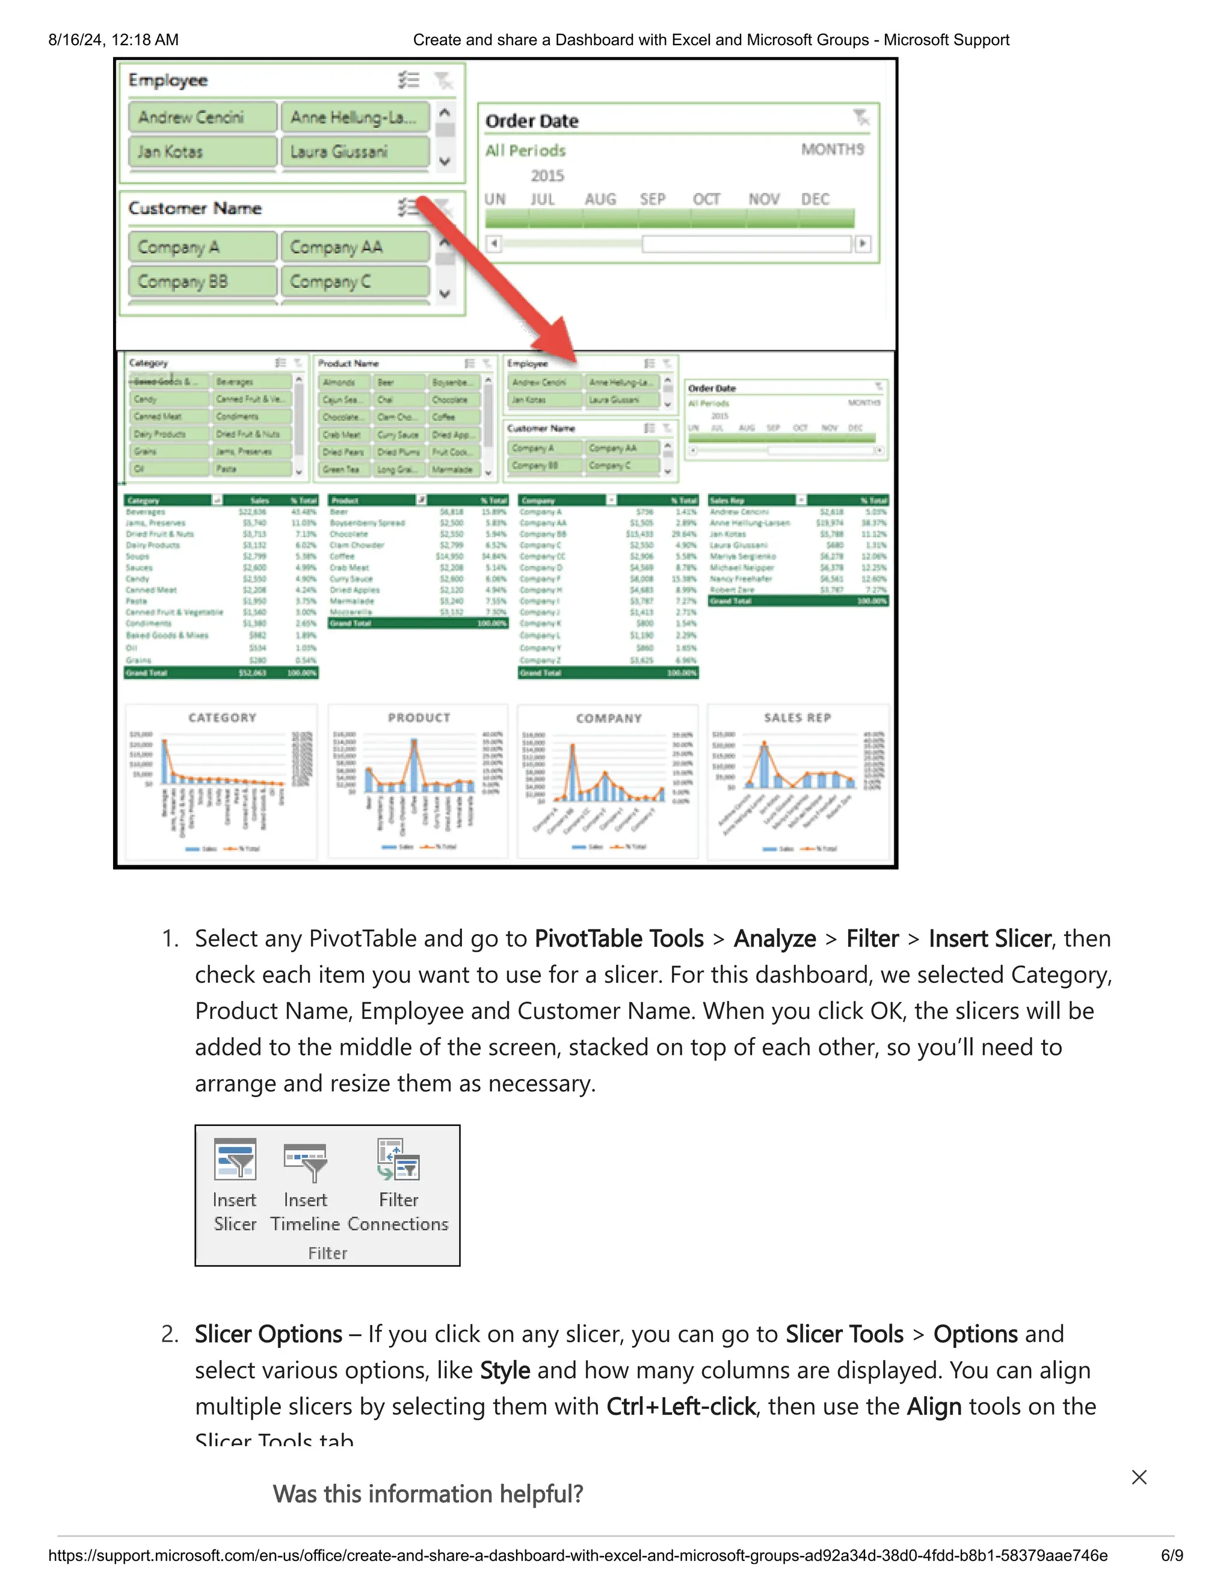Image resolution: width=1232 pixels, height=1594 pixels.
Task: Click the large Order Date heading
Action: [532, 121]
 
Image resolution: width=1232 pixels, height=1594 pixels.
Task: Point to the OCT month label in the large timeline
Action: [706, 199]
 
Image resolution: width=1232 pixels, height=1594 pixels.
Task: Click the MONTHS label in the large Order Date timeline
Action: [832, 150]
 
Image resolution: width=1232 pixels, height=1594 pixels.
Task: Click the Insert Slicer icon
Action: [235, 1160]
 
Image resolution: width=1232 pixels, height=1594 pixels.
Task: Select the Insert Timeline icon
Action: [305, 1161]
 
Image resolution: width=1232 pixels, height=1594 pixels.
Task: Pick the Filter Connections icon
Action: [398, 1160]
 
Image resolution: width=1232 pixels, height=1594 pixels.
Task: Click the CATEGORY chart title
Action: [223, 718]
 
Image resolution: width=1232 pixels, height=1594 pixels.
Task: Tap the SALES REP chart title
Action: [797, 718]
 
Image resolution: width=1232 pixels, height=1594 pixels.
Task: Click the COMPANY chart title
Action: [609, 718]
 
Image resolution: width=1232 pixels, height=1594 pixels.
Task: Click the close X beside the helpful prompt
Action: [1139, 1477]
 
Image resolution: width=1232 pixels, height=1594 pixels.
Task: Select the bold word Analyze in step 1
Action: [774, 938]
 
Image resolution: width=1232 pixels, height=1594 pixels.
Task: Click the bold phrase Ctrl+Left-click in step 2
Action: [680, 1406]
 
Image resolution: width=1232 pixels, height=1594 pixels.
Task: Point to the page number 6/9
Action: [1171, 1556]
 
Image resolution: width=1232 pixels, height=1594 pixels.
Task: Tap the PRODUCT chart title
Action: [419, 718]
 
